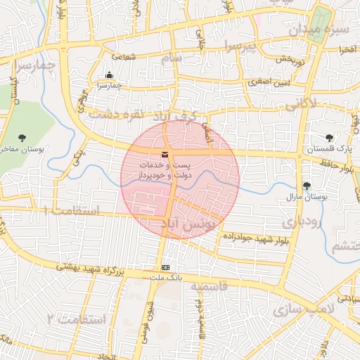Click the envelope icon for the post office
165,155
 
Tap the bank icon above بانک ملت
166,268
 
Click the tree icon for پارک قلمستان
330,138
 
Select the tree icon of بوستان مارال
306,186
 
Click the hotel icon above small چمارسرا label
109,75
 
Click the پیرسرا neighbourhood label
243,46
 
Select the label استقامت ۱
70,210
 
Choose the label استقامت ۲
75,319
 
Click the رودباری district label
302,222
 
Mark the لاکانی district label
302,105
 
